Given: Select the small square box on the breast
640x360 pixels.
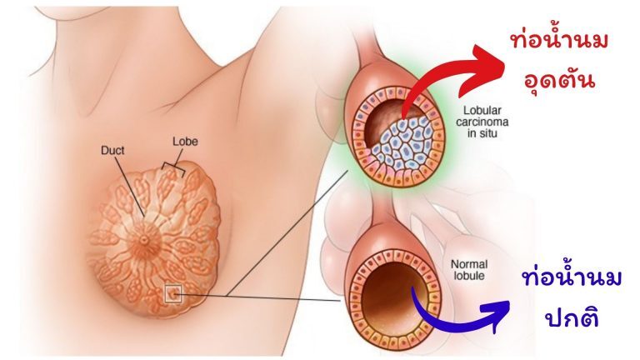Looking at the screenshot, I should pos(173,292).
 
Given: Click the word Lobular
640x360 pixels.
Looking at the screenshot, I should pos(478,110).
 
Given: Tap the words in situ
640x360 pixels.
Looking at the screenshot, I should pos(476,137).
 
